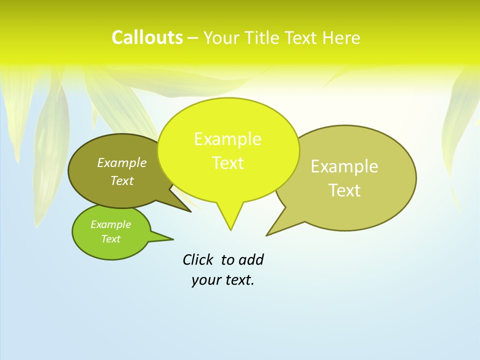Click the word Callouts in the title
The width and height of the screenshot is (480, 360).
pyautogui.click(x=147, y=38)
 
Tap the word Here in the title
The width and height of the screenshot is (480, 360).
pyautogui.click(x=341, y=38)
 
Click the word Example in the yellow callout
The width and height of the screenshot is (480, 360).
pyautogui.click(x=227, y=139)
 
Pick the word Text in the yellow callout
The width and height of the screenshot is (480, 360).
pyautogui.click(x=227, y=163)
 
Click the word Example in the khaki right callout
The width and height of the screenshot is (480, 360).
pyautogui.click(x=344, y=166)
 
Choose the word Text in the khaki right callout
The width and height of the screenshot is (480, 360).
pyautogui.click(x=344, y=190)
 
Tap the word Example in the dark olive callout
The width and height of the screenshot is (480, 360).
pyautogui.click(x=122, y=162)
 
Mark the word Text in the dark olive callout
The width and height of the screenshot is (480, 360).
pyautogui.click(x=122, y=180)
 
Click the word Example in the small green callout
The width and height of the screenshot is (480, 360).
pyautogui.click(x=110, y=224)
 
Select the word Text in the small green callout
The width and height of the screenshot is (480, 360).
pyautogui.click(x=110, y=239)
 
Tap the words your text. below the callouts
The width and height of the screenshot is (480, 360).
pyautogui.click(x=223, y=280)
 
